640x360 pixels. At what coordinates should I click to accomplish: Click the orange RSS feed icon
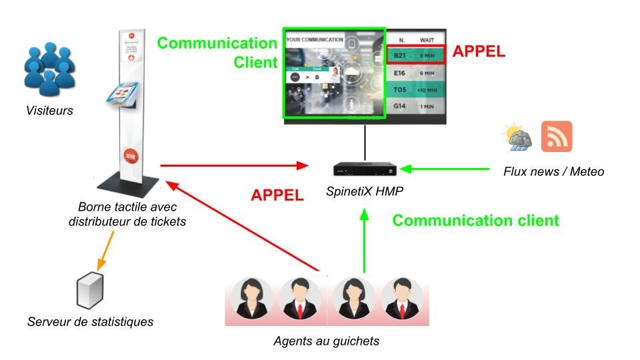[557, 137]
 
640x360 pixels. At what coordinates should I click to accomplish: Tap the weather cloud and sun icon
[517, 137]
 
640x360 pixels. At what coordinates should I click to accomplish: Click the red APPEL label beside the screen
[479, 51]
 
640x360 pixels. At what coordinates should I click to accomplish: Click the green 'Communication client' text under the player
[475, 221]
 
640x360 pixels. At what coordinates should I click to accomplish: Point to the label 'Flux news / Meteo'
[553, 172]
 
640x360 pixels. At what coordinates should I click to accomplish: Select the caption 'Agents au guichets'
[326, 341]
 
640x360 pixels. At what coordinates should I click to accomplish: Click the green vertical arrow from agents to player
[364, 240]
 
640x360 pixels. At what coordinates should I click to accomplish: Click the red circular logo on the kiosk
[129, 157]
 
